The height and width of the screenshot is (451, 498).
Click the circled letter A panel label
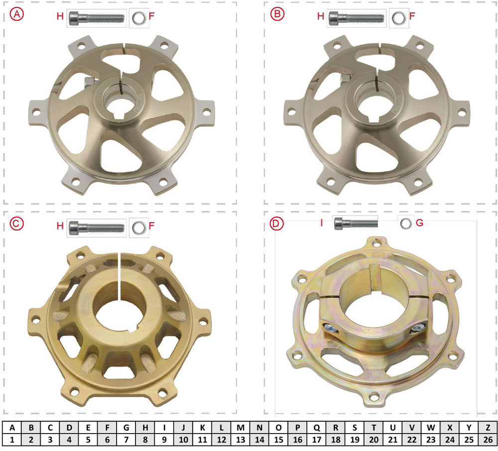pos(16,14)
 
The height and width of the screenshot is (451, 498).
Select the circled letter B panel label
pos(277,14)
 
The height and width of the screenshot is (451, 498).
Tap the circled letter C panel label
pos(16,224)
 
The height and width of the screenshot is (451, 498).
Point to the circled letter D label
pos(276,224)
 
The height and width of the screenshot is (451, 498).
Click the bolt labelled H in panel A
pos(97,18)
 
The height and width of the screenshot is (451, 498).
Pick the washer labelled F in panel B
pos(399,18)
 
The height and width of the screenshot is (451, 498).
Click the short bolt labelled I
pos(356,223)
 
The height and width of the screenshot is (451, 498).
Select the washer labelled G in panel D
pos(405,223)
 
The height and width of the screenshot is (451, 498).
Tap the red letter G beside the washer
pos(419,223)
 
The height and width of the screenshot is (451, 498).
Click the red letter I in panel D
pos(321,223)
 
